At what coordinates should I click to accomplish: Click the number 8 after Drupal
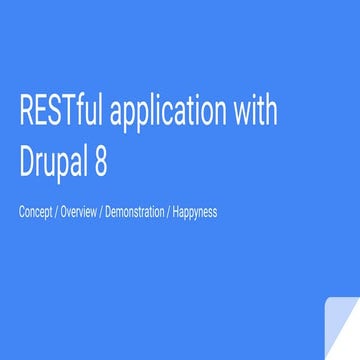[x=101, y=159]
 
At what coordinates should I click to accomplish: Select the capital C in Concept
[x=21, y=212]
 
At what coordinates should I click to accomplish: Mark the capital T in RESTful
[x=66, y=110]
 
